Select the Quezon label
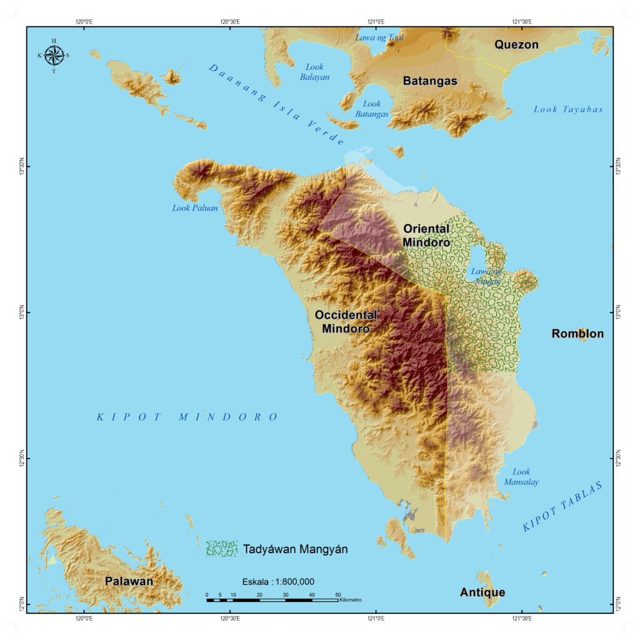point(516,44)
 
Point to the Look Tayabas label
point(568,109)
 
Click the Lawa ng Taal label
point(379,37)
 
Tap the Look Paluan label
point(195,208)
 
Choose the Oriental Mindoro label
point(426,236)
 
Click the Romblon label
point(577,334)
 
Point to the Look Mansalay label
point(521,477)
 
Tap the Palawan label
point(129,581)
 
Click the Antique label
point(482,592)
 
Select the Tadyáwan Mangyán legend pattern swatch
point(221,549)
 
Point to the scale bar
point(272,600)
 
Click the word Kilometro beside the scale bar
point(351,600)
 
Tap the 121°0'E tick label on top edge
point(376,21)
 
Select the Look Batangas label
point(372,109)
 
